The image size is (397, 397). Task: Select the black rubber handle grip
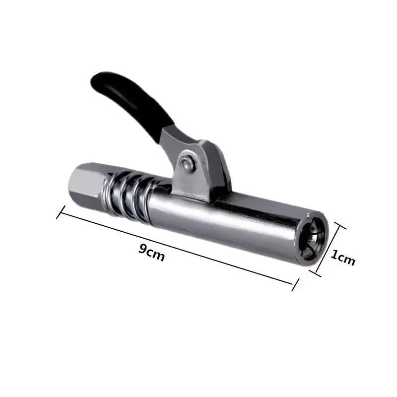tap(132, 102)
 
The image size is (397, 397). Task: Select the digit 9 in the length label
tap(142, 250)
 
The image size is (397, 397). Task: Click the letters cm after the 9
tap(156, 254)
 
